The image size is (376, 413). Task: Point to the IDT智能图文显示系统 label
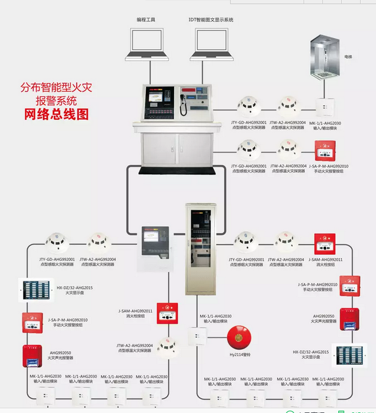click(211, 19)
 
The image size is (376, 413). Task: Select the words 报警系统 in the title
click(56, 100)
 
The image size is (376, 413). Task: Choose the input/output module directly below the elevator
click(323, 106)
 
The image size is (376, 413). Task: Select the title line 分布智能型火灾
click(56, 88)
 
